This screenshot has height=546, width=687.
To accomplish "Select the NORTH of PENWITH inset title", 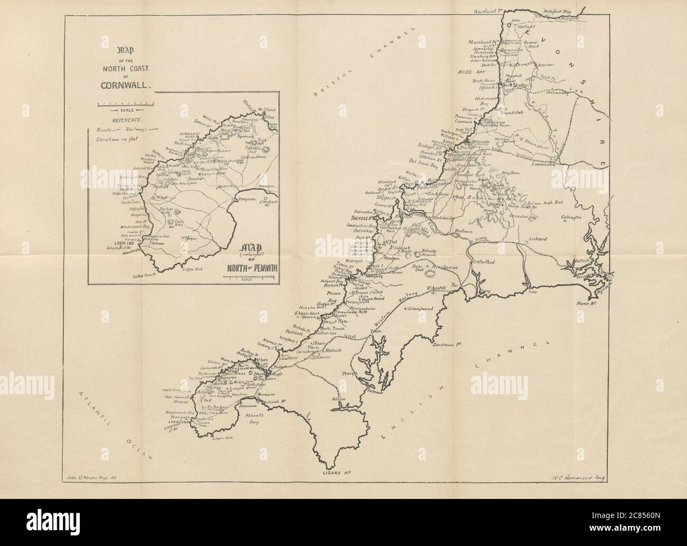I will coord(253,266).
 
